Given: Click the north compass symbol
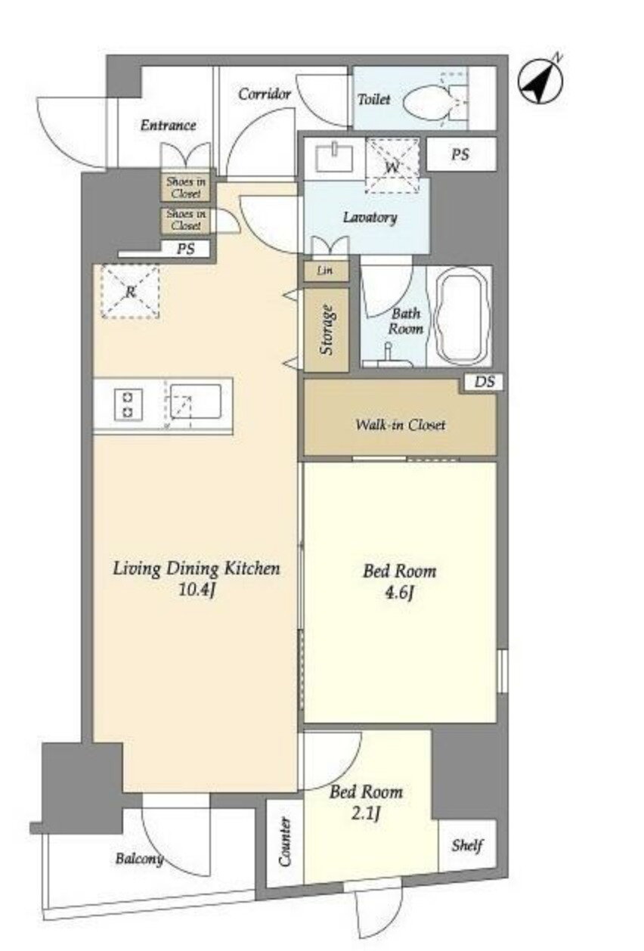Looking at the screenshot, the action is pyautogui.click(x=541, y=81).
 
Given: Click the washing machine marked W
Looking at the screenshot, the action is pyautogui.click(x=392, y=166).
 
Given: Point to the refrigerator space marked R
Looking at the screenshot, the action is pyautogui.click(x=130, y=291).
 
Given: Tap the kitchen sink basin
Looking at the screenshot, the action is pyautogui.click(x=196, y=401).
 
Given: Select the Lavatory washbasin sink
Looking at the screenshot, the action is pyautogui.click(x=335, y=158).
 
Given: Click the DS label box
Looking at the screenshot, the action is pyautogui.click(x=484, y=382).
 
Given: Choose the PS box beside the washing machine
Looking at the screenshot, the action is pyautogui.click(x=461, y=154).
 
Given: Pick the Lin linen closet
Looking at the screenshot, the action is pyautogui.click(x=326, y=271).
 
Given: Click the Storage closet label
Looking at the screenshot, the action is pyautogui.click(x=327, y=330).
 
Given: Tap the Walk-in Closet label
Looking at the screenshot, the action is pyautogui.click(x=401, y=425).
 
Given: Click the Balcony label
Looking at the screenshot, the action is pyautogui.click(x=139, y=859).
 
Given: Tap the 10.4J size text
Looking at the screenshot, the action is pyautogui.click(x=195, y=590).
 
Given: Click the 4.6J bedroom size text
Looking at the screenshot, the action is pyautogui.click(x=399, y=593).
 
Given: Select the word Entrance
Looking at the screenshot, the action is pyautogui.click(x=168, y=125).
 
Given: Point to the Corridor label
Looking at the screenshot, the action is pyautogui.click(x=265, y=94).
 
